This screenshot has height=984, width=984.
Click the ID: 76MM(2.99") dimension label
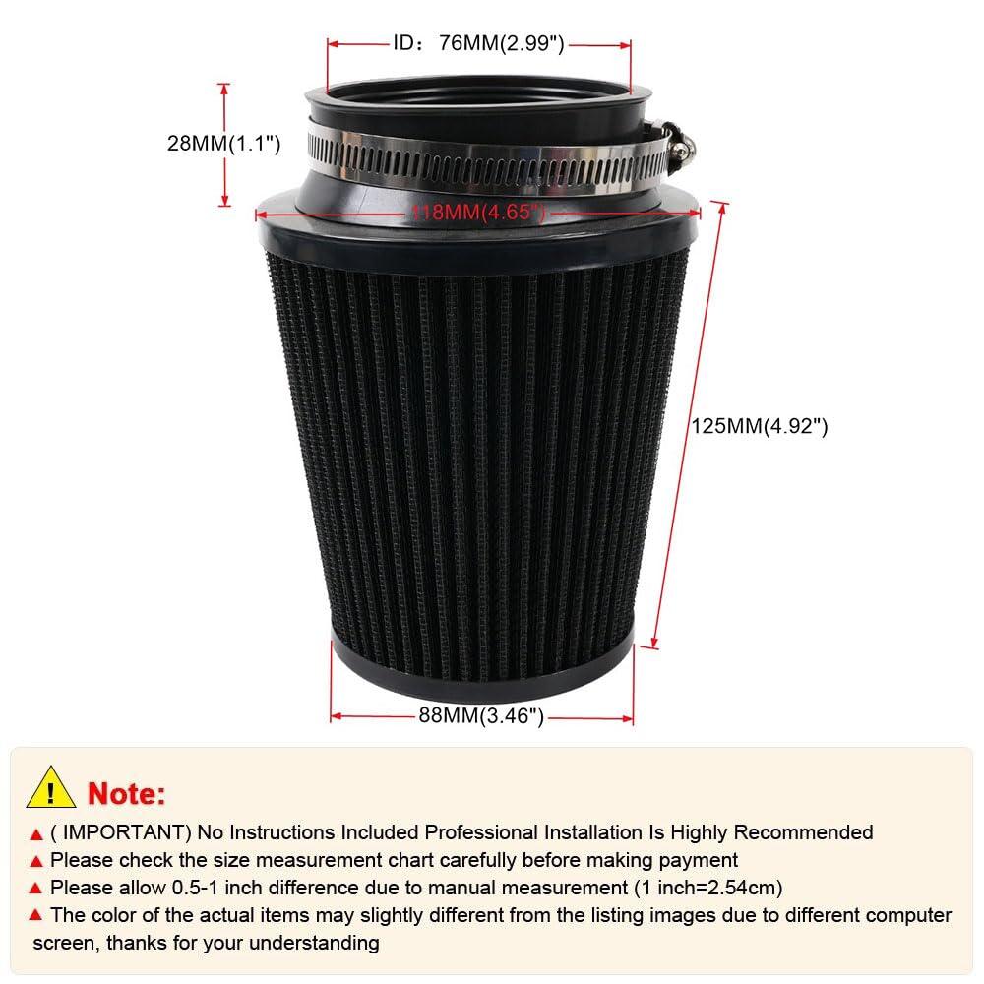click(479, 43)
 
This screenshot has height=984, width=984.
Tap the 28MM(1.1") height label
click(223, 144)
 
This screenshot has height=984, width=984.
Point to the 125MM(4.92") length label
click(759, 426)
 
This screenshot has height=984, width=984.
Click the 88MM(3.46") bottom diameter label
click(481, 716)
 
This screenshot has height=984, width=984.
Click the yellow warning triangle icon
click(51, 787)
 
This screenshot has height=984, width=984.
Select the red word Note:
click(127, 792)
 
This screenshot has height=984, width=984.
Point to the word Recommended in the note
click(803, 832)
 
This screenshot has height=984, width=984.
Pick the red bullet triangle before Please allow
click(36, 889)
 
